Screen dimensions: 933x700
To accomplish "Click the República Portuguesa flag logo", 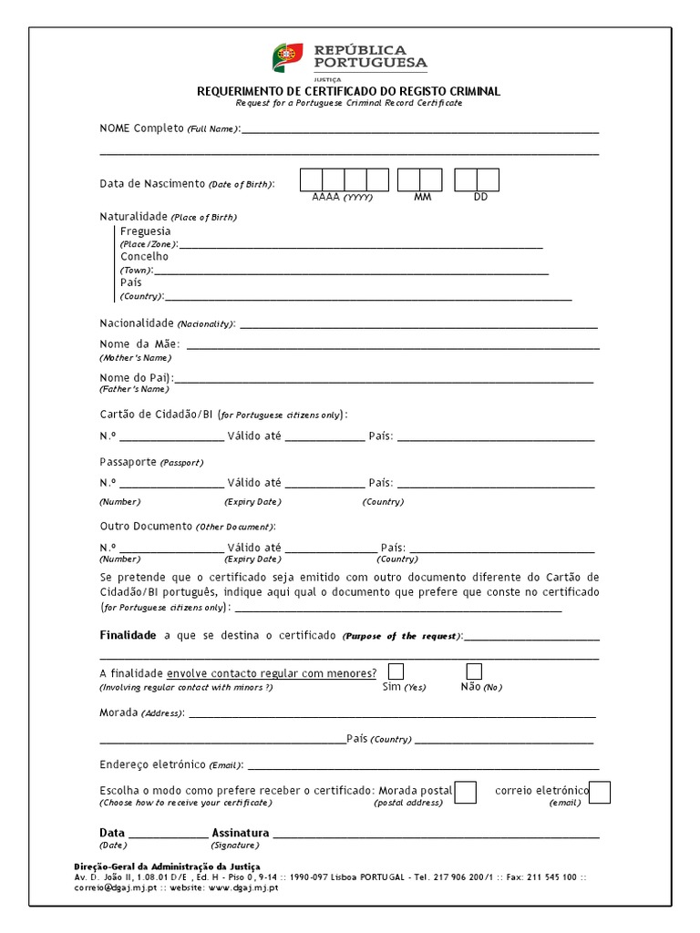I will (x=287, y=57).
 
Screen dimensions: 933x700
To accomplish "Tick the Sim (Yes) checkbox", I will (x=396, y=672).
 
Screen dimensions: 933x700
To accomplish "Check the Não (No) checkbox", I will (x=474, y=672).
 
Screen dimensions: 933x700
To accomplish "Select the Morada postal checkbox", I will (x=465, y=793).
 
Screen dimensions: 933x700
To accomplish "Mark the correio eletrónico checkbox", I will (x=600, y=793).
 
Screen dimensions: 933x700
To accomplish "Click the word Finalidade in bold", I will (x=128, y=635).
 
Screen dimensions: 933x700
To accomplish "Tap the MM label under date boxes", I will (x=422, y=197).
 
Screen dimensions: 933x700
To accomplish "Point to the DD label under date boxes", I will (x=480, y=197).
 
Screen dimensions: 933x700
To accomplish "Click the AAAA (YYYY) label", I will (x=342, y=197).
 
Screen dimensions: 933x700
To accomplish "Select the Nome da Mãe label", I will (x=139, y=344).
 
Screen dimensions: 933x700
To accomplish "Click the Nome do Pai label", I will (x=136, y=377).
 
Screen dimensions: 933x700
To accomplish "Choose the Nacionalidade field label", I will (x=137, y=323).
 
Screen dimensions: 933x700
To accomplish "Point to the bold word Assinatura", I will (x=241, y=833).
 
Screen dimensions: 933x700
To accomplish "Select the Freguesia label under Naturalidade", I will (x=145, y=231).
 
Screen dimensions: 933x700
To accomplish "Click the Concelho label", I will (x=144, y=257).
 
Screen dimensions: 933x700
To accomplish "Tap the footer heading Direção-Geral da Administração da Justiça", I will (x=167, y=866).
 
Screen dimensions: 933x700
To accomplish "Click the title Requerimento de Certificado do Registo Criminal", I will (x=349, y=92).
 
